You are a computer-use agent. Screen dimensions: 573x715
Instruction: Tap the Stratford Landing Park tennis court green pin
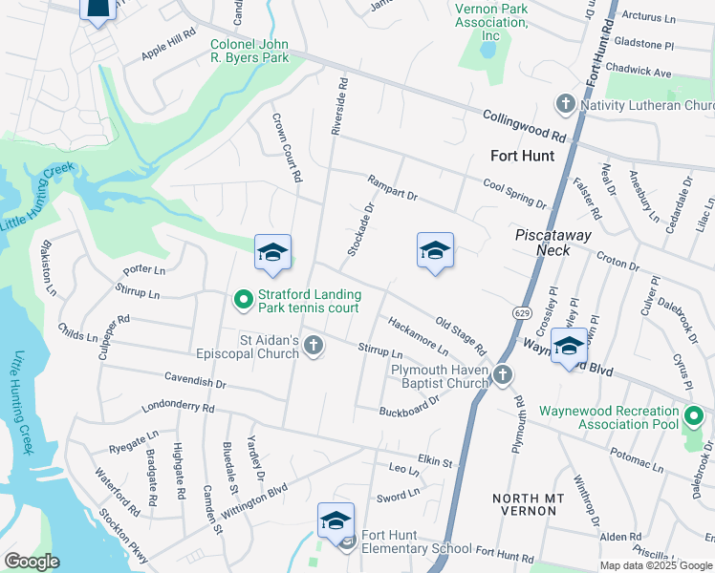244,301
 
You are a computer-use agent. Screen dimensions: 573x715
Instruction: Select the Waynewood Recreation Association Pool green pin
693,416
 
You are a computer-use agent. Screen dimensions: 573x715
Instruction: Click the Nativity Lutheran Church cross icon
565,104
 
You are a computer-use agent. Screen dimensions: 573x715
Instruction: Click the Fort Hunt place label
522,156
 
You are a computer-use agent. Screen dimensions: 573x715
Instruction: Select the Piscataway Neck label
553,243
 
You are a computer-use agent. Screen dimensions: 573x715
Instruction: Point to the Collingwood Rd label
525,125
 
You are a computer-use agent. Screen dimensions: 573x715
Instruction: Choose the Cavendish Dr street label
195,381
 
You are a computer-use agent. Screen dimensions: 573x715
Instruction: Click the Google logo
32,562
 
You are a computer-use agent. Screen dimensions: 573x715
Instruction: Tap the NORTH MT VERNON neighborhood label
523,505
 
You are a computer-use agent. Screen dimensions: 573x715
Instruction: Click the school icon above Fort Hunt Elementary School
336,520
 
